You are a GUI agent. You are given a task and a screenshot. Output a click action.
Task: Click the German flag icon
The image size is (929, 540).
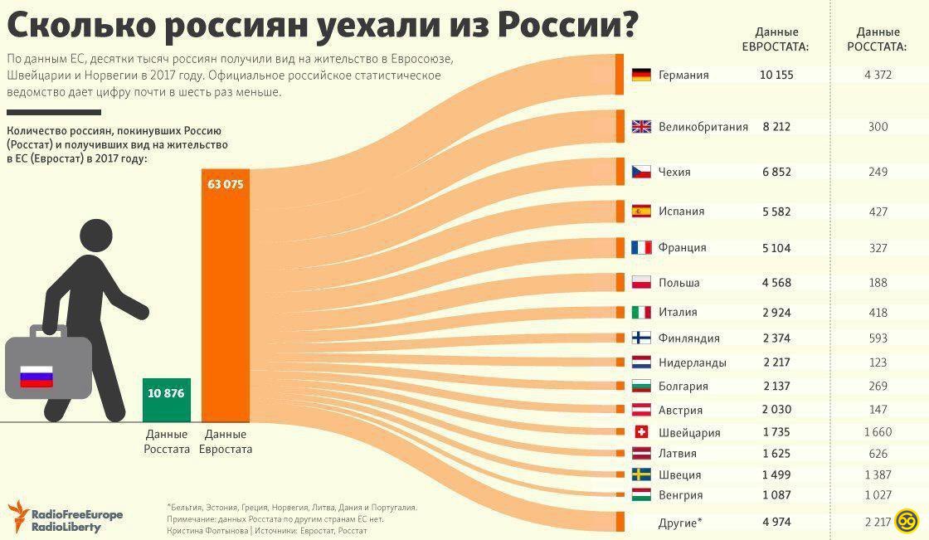tap(640, 75)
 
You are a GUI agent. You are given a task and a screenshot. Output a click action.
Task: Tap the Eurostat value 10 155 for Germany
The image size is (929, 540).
tap(776, 75)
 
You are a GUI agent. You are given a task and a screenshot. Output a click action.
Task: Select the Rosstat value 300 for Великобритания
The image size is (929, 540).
tap(878, 127)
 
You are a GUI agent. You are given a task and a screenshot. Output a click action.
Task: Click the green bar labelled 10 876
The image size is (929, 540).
tap(166, 399)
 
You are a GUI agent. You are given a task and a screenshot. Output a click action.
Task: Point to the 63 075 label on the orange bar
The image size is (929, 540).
tap(226, 184)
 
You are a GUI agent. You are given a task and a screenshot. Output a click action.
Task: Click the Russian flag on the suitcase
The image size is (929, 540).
tap(36, 377)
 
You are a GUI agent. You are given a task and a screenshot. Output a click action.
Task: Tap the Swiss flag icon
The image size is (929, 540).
tap(640, 432)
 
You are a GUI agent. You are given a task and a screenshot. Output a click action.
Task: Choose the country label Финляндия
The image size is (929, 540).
tap(688, 338)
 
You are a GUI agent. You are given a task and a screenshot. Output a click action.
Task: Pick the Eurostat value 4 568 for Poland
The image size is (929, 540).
tap(776, 283)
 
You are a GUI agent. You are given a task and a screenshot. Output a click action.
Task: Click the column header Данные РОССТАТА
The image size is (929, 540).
tap(878, 39)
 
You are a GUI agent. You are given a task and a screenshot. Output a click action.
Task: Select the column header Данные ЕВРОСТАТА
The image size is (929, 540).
tap(776, 39)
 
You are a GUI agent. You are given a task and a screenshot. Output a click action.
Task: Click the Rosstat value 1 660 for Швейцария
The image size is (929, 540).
tap(878, 432)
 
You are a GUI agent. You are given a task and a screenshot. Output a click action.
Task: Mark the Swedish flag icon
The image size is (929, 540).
tap(640, 474)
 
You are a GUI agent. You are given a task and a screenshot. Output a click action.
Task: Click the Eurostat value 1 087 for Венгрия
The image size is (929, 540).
tap(776, 495)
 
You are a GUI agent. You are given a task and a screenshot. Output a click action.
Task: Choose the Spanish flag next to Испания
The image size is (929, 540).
tap(640, 211)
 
